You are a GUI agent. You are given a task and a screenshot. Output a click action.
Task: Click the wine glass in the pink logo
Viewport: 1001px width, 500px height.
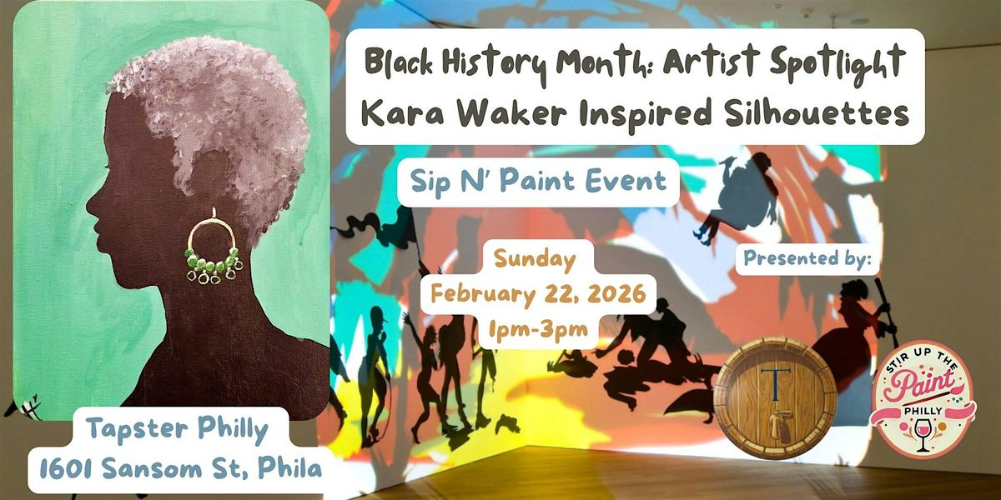point(923,436)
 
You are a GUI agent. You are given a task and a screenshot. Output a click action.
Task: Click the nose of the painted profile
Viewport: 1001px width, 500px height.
point(90,202)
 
